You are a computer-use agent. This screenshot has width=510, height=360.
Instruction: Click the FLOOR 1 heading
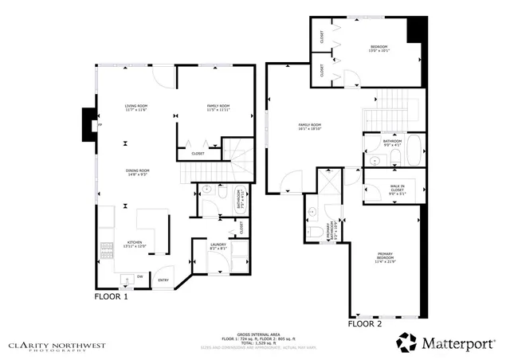[x=112, y=296]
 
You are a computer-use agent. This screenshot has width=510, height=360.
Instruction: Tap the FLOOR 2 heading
[x=365, y=324]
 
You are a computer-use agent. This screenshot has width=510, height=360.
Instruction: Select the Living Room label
[x=135, y=108]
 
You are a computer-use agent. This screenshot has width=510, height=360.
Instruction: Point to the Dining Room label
[x=137, y=172]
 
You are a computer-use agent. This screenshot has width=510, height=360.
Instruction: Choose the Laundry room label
[x=218, y=246]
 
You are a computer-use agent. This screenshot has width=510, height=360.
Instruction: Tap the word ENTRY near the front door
[x=163, y=280]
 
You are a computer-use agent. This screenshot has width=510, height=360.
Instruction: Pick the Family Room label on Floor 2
[x=309, y=127]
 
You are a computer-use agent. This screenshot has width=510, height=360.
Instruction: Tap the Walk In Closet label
[x=386, y=190]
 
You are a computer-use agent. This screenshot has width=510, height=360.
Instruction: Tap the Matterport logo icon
[x=408, y=342]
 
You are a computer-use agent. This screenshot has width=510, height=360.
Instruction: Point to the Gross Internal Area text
[x=255, y=335]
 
